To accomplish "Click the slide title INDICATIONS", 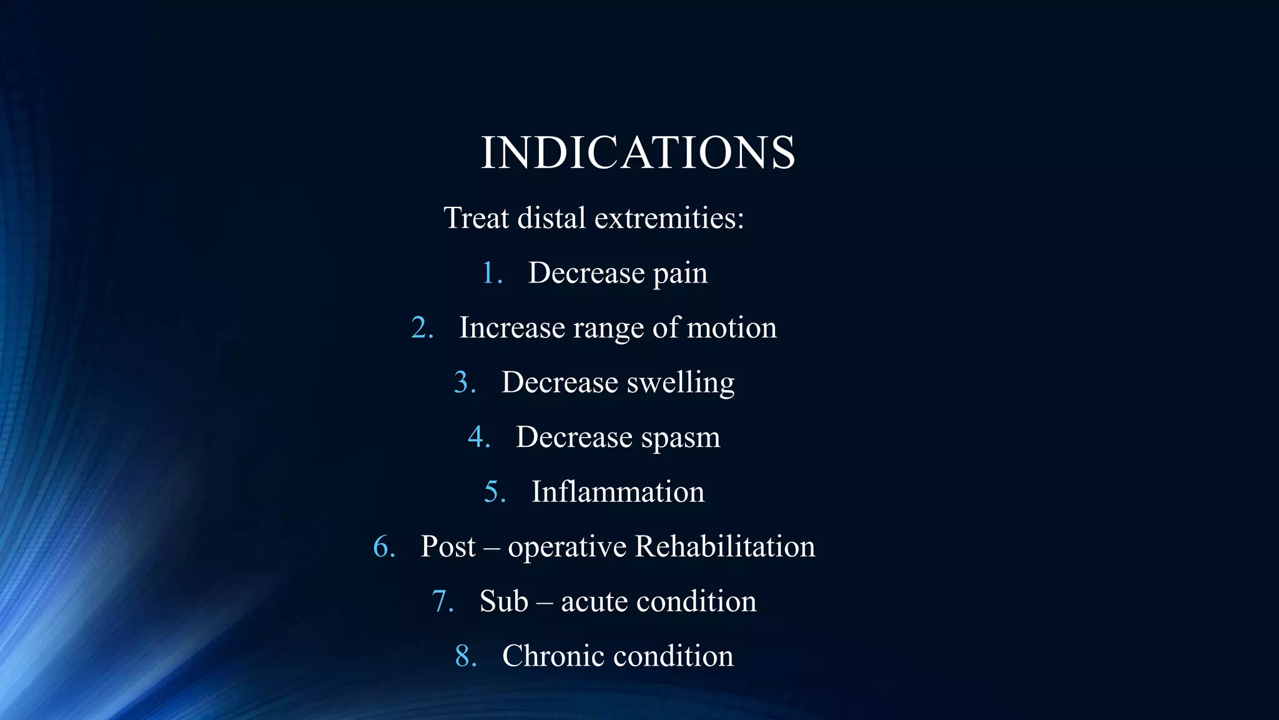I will pos(638,152).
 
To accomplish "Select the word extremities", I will pos(669,218).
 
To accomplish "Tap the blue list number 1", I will pos(490,273).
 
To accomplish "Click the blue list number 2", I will pos(421,328).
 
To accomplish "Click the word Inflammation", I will pos(618,492).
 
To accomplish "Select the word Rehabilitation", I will pos(724,546).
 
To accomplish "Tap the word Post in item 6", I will pos(448,547).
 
